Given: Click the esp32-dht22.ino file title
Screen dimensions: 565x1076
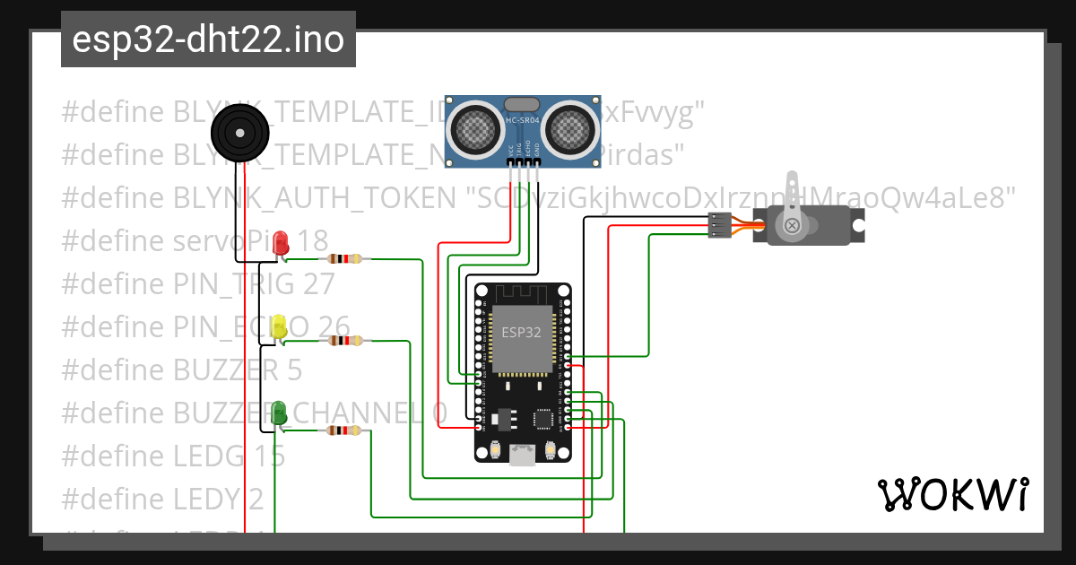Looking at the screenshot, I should (208, 39).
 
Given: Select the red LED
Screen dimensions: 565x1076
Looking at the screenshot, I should (281, 242).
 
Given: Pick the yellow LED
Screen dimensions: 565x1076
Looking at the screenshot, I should (279, 327).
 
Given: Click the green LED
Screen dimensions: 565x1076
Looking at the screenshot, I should (279, 413).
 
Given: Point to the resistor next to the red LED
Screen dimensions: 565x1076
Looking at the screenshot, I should (345, 259).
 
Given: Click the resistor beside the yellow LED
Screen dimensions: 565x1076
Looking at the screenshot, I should (345, 341).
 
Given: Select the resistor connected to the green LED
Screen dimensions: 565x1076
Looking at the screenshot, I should (345, 430).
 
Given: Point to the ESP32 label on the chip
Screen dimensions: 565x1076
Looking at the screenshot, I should (521, 332).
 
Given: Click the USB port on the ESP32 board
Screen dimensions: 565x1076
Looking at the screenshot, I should (522, 456).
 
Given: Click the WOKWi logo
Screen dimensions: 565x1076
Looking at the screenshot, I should (953, 494).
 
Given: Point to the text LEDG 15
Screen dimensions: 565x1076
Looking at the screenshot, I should (229, 456).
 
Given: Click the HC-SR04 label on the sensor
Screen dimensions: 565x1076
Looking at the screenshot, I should (523, 120).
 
